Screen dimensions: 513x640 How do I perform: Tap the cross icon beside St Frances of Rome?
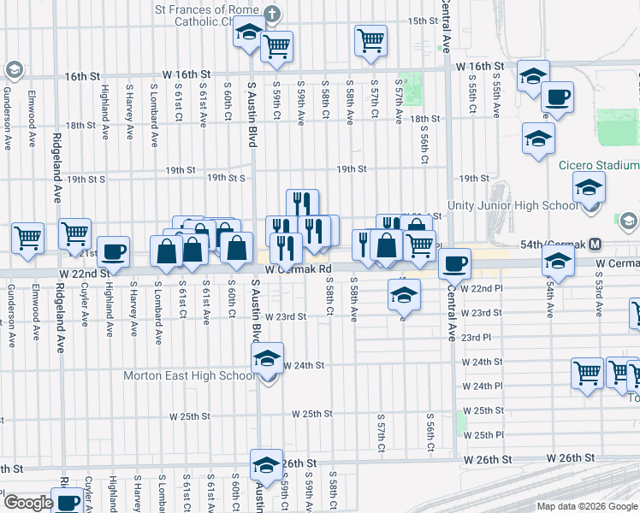(x=272, y=15)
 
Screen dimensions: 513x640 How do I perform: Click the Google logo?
(x=28, y=503)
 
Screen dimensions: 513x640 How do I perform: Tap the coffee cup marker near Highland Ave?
(x=113, y=252)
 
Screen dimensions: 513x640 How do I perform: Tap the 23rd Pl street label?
(x=475, y=337)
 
